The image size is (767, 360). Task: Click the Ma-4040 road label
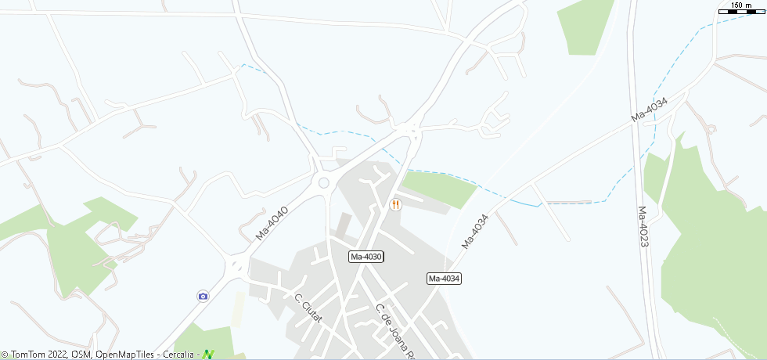tap(272, 223)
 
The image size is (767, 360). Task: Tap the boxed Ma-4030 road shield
tap(365, 257)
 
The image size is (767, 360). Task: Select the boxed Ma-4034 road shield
tap(444, 279)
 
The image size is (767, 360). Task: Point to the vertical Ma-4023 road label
tap(643, 227)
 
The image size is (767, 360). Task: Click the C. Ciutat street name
tap(308, 308)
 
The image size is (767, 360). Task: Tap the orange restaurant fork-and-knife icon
tap(395, 204)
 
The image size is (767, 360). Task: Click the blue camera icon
tap(203, 295)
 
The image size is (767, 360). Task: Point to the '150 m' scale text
tap(741, 5)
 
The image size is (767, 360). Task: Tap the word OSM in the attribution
tap(81, 355)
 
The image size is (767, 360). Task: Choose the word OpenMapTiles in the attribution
tap(125, 355)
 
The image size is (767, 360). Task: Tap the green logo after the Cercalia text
tap(208, 355)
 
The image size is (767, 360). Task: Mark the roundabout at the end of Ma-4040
tap(323, 183)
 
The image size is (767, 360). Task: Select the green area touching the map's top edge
tap(585, 27)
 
